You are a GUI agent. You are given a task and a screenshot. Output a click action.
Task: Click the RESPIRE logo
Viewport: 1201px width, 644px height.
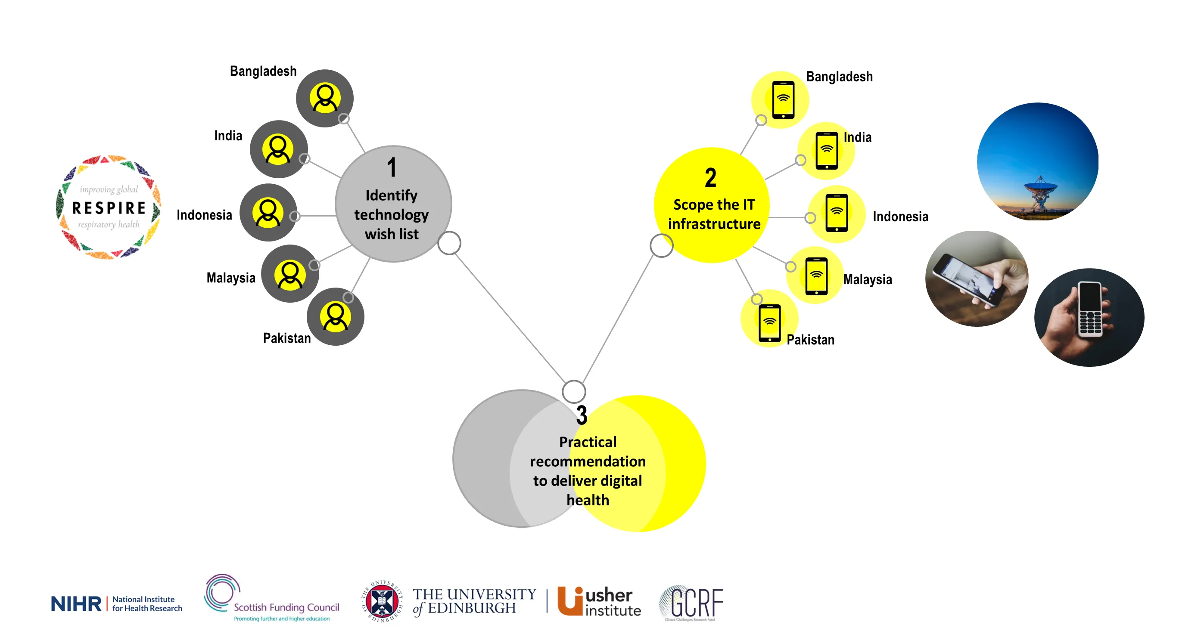[109, 207]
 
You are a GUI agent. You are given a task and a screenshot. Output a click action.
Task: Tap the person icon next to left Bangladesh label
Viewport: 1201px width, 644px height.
[325, 98]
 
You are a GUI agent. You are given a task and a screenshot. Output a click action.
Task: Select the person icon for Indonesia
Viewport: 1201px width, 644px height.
[268, 213]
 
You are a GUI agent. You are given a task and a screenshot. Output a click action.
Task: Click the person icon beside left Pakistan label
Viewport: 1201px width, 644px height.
[336, 316]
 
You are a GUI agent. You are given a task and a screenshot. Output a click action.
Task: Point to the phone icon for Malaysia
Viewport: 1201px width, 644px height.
[816, 276]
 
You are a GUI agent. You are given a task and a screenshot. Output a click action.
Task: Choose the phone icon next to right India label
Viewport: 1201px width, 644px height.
[827, 151]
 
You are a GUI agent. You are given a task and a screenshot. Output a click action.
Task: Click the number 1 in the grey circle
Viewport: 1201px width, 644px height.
[392, 168]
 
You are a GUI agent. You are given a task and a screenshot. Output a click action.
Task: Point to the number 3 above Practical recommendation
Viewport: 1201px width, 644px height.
[582, 415]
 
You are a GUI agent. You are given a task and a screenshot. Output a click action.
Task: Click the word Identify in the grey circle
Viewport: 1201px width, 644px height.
[391, 195]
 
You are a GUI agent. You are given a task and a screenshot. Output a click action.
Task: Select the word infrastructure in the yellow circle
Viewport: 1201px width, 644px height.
[714, 224]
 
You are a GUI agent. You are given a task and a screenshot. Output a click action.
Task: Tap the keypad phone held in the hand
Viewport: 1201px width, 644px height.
[1090, 309]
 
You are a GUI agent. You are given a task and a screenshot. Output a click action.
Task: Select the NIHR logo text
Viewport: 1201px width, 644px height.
[76, 604]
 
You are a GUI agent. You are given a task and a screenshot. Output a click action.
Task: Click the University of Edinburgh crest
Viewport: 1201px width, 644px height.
[382, 601]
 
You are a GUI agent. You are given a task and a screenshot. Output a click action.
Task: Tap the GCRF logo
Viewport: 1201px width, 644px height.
[691, 603]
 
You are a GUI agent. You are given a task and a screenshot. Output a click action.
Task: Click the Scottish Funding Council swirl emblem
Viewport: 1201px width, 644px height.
[220, 592]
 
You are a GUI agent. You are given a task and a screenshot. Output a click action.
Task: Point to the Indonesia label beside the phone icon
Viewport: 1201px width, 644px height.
[900, 217]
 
